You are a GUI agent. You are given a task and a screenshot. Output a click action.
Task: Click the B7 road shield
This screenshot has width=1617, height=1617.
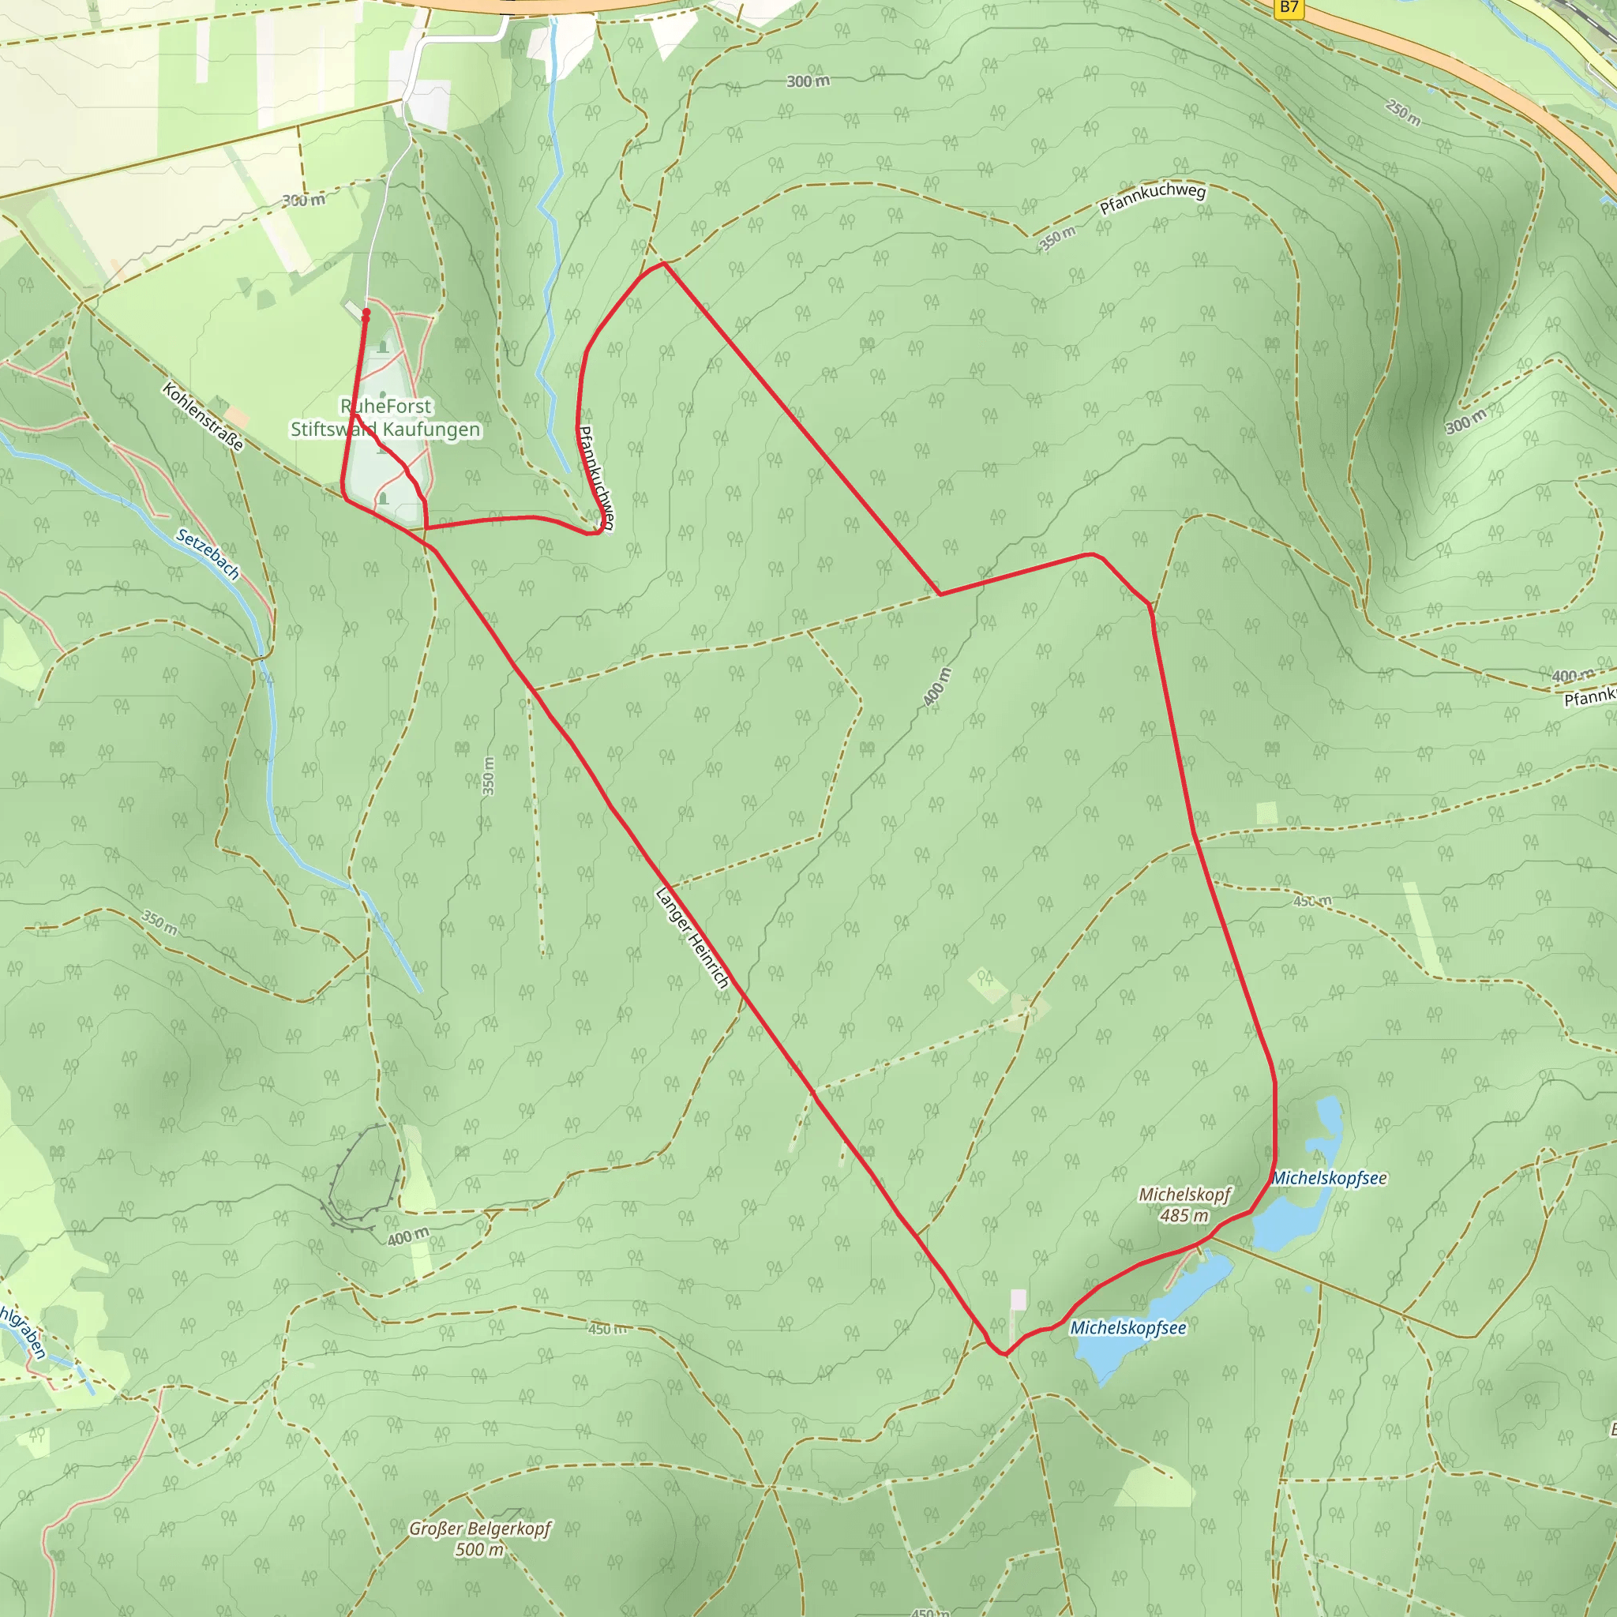point(1289,8)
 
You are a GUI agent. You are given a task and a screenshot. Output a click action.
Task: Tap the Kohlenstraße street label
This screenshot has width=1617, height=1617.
point(204,416)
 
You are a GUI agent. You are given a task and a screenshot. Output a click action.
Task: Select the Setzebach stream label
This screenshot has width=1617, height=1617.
point(208,554)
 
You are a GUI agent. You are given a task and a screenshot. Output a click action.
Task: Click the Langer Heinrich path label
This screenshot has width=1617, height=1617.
point(692,937)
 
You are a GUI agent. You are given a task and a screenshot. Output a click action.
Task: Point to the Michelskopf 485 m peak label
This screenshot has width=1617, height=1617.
point(1184,1204)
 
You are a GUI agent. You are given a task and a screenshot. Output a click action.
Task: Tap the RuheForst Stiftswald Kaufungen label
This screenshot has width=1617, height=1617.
point(386,418)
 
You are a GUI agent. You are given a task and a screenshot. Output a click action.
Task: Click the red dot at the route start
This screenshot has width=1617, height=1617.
point(366,313)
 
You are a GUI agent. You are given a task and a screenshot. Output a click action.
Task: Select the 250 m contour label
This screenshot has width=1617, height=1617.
point(1403,112)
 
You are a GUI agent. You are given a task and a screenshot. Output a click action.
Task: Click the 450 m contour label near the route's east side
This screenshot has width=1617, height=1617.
point(1311,902)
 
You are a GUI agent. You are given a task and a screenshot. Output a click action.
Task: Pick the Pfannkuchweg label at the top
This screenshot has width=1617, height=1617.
point(1153,199)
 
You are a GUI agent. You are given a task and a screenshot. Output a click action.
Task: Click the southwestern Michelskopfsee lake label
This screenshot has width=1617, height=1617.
point(1128,1328)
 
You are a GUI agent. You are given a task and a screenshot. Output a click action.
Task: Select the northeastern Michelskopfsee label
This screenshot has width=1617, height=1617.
point(1329,1179)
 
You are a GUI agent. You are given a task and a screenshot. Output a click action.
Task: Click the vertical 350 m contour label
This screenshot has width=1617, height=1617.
point(489,776)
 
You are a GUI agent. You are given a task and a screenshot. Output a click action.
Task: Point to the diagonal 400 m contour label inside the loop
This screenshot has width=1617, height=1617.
point(937,687)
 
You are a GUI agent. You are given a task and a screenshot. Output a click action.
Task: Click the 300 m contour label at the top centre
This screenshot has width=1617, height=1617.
point(808,81)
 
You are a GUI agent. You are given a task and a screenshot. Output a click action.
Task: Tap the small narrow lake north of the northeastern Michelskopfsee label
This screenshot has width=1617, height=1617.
point(1330,1128)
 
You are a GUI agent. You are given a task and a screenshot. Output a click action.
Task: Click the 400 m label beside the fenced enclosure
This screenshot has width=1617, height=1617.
point(408,1236)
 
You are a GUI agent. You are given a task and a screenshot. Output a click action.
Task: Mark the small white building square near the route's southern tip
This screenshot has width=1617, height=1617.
point(1019,1299)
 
